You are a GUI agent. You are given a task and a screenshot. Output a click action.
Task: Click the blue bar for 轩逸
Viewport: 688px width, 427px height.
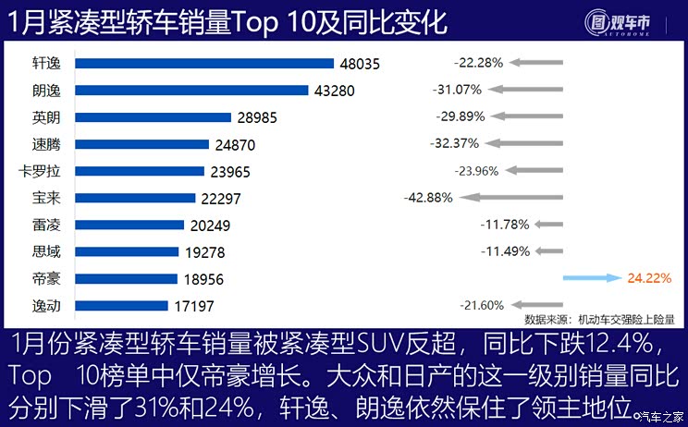pyautogui.click(x=203, y=64)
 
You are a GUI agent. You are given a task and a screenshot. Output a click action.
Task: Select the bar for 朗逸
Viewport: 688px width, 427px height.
pyautogui.click(x=190, y=91)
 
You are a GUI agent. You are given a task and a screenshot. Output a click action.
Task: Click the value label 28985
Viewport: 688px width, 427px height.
pyautogui.click(x=258, y=118)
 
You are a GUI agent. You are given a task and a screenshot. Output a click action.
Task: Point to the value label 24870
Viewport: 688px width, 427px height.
pyautogui.click(x=236, y=145)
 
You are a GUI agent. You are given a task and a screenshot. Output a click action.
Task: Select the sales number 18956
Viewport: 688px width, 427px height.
pyautogui.click(x=204, y=279)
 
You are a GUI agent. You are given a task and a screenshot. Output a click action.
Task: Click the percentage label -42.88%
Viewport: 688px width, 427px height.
pyautogui.click(x=428, y=198)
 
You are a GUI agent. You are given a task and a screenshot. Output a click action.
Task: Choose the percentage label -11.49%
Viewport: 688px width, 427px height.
pyautogui.click(x=504, y=250)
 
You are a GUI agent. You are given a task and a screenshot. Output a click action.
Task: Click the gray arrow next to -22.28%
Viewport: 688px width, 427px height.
pyautogui.click(x=534, y=63)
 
